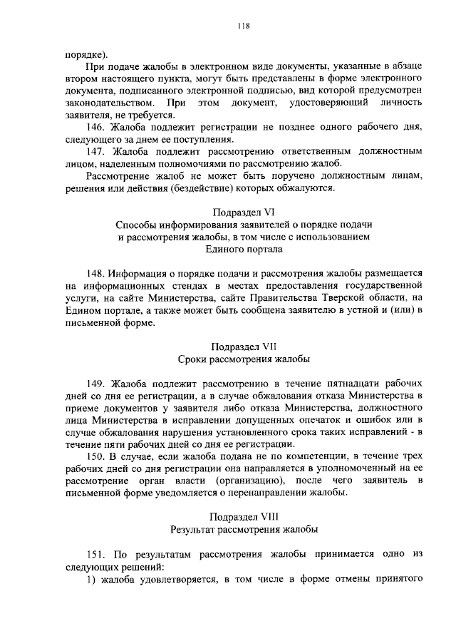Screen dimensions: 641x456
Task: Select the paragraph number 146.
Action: (x=95, y=126)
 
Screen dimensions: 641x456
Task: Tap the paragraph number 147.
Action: (x=95, y=151)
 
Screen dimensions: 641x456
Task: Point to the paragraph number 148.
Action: (x=95, y=273)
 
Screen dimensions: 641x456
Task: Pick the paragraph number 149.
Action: (x=95, y=381)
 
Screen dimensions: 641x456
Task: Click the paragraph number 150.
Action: (x=95, y=454)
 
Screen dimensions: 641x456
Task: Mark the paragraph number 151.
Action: (x=95, y=555)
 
